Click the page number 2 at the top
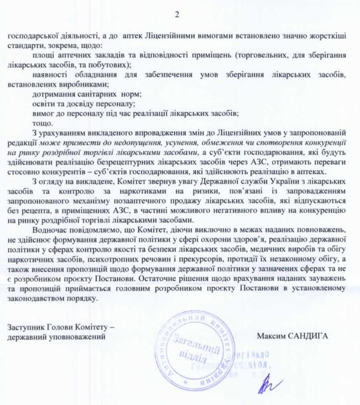click(x=177, y=15)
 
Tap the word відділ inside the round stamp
click(x=191, y=355)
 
